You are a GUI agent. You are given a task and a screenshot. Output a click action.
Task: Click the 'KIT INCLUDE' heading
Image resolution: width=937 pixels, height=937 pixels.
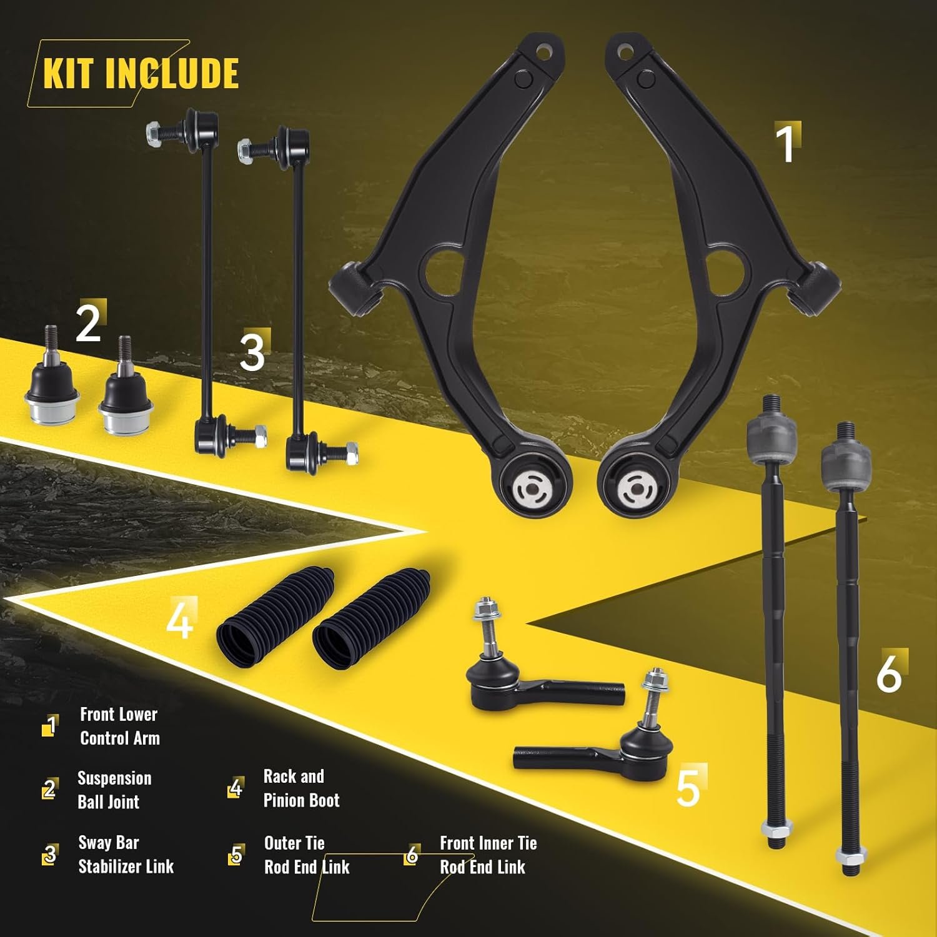pyautogui.click(x=141, y=74)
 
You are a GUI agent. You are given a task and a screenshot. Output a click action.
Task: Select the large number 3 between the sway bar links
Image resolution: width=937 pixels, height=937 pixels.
pyautogui.click(x=252, y=352)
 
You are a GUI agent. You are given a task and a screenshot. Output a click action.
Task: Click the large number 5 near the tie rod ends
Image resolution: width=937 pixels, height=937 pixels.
pyautogui.click(x=688, y=787)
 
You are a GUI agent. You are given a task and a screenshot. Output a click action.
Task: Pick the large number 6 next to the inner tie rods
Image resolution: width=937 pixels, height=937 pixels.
pyautogui.click(x=889, y=673)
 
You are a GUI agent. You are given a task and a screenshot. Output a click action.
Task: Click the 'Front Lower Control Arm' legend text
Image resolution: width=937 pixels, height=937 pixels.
pyautogui.click(x=119, y=726)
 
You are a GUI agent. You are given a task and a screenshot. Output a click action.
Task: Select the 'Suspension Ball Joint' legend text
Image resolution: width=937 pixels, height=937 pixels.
pyautogui.click(x=114, y=790)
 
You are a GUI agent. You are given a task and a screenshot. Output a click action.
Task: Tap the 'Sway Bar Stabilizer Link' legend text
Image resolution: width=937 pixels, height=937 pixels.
pyautogui.click(x=126, y=855)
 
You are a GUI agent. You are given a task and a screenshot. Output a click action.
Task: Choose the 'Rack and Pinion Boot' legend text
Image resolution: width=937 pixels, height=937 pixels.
pyautogui.click(x=301, y=788)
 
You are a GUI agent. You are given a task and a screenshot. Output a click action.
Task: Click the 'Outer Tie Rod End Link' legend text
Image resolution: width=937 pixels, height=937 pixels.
pyautogui.click(x=307, y=855)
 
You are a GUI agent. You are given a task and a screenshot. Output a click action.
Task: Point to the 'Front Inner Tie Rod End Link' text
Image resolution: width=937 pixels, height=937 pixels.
pyautogui.click(x=488, y=855)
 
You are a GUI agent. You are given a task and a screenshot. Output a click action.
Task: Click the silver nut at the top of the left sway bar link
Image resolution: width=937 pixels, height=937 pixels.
pyautogui.click(x=152, y=133)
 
